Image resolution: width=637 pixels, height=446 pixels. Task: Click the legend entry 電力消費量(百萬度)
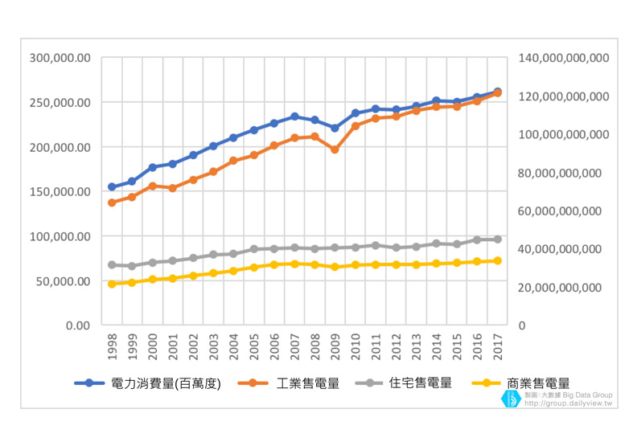[165, 383]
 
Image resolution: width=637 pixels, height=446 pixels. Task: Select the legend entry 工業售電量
[307, 383]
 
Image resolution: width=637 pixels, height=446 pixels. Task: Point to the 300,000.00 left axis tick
[60, 58]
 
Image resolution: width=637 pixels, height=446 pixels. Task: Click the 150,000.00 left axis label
[60, 192]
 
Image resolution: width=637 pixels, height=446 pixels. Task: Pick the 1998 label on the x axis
[112, 348]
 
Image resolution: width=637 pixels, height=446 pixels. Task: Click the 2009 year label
[335, 348]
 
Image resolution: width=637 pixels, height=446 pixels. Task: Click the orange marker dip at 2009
[335, 149]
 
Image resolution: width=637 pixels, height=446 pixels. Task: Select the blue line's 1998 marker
[112, 187]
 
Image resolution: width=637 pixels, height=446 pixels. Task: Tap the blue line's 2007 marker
[294, 117]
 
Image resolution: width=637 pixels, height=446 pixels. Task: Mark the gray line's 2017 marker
[497, 239]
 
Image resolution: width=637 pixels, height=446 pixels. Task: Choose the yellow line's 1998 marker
[112, 284]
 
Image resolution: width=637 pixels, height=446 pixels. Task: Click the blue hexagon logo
[511, 399]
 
